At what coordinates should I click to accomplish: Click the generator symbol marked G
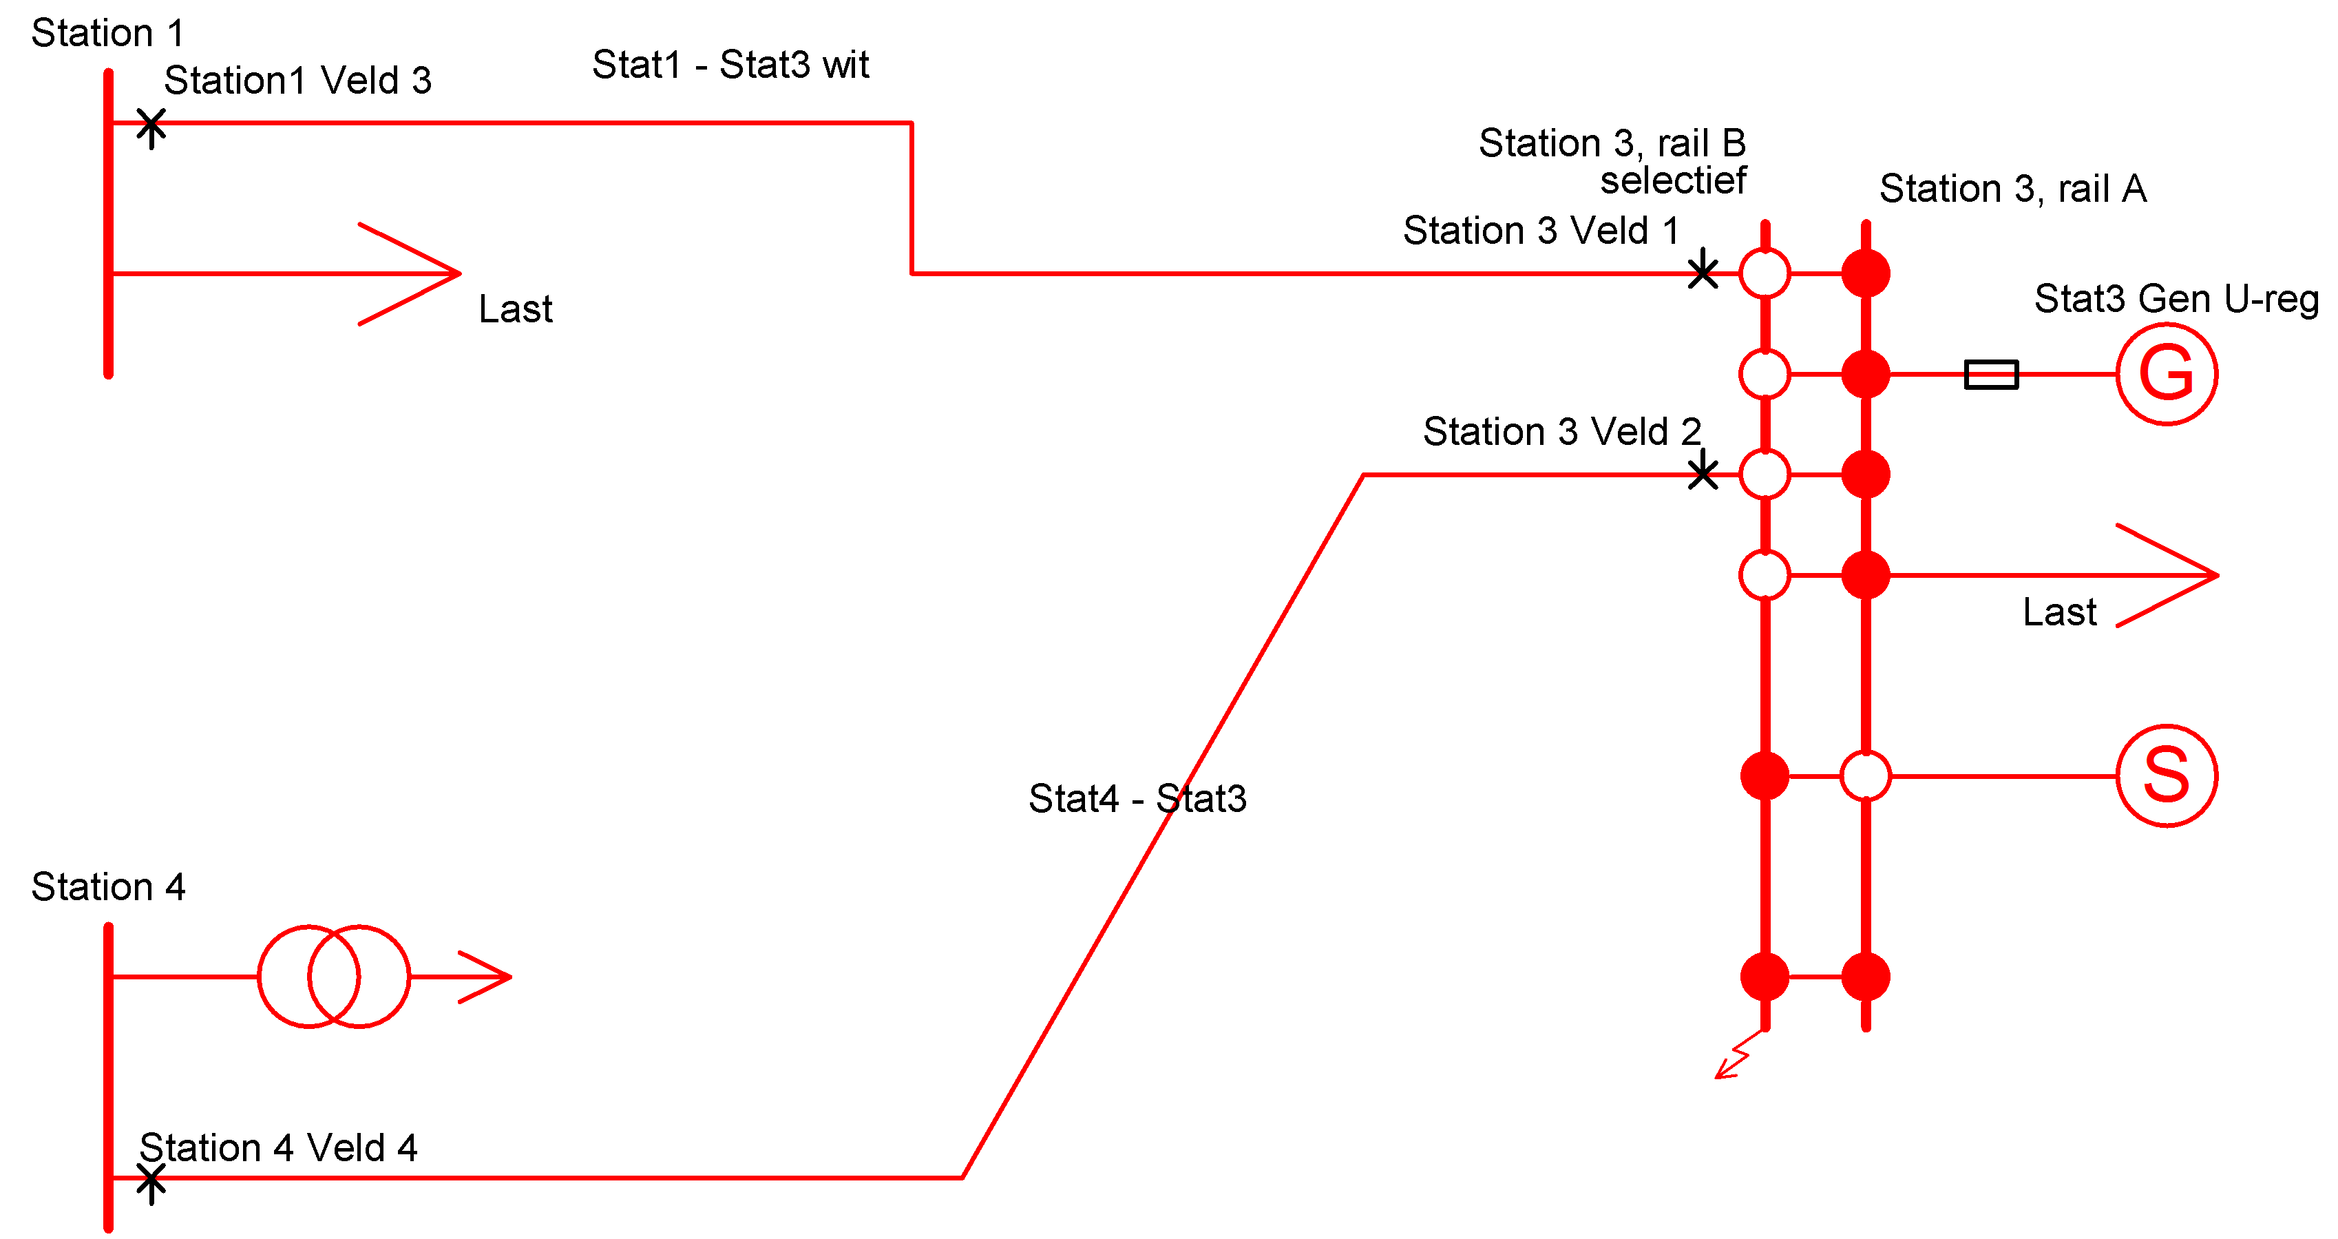click(x=2167, y=374)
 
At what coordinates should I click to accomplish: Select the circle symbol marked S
click(x=2167, y=776)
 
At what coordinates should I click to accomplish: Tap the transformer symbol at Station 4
click(x=333, y=977)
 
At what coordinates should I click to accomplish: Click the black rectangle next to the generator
click(x=1991, y=374)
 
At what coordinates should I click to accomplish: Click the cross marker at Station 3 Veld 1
click(x=1703, y=271)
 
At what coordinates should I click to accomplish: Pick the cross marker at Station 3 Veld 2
click(x=1703, y=472)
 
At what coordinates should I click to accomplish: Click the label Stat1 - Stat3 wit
click(x=730, y=65)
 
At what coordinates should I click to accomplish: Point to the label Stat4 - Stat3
click(x=1137, y=799)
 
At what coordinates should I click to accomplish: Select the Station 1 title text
click(x=108, y=34)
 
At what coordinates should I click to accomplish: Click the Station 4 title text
click(x=108, y=887)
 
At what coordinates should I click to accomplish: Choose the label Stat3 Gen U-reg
click(x=2176, y=299)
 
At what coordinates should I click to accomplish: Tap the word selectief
click(x=1673, y=180)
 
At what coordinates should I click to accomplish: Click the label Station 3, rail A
click(x=2012, y=189)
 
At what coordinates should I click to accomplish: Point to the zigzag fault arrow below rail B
click(x=1736, y=1057)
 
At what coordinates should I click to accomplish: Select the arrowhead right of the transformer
click(x=487, y=977)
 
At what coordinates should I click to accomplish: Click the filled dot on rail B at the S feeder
click(x=1765, y=776)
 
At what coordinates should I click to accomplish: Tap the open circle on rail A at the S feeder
click(x=1865, y=776)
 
